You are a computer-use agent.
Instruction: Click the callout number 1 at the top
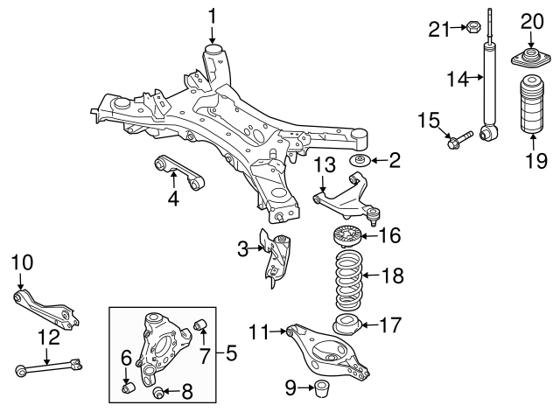pos(211,15)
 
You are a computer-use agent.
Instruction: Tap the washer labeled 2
pos(360,161)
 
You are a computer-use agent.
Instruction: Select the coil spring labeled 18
pos(347,277)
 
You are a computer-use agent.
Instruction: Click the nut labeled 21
pos(468,30)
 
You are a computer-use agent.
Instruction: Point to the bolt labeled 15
pos(460,137)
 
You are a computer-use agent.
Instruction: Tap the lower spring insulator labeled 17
pos(346,325)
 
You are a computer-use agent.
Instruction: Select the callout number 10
pos(20,262)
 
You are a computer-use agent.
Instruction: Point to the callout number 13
pos(324,164)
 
